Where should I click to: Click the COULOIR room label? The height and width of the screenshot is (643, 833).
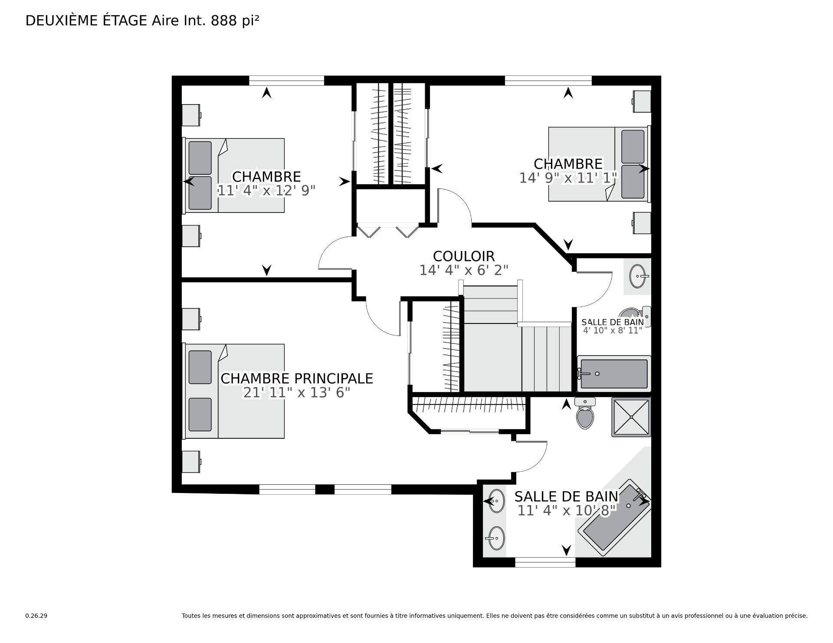point(464,256)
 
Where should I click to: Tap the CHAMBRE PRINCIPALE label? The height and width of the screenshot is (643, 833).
point(297,379)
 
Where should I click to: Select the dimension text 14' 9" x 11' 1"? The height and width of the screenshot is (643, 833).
point(568,178)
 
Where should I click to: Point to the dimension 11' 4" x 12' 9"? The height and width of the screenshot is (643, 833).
point(266,190)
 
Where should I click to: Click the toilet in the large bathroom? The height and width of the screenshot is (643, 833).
point(585,413)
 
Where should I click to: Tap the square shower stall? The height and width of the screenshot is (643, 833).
point(631,417)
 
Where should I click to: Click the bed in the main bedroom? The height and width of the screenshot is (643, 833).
point(235,391)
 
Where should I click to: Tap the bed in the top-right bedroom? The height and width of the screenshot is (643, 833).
point(599,164)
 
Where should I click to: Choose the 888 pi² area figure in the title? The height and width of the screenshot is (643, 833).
point(235,21)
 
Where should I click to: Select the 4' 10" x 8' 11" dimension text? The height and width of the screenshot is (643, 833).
point(613,330)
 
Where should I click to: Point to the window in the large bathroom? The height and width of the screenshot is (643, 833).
point(545,562)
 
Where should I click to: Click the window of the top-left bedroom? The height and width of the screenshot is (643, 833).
point(286,81)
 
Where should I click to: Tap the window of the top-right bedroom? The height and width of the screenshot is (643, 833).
point(548,81)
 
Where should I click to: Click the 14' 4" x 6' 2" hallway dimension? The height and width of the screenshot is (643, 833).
point(464,270)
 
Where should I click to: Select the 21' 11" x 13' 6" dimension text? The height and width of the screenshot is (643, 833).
point(297,392)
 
